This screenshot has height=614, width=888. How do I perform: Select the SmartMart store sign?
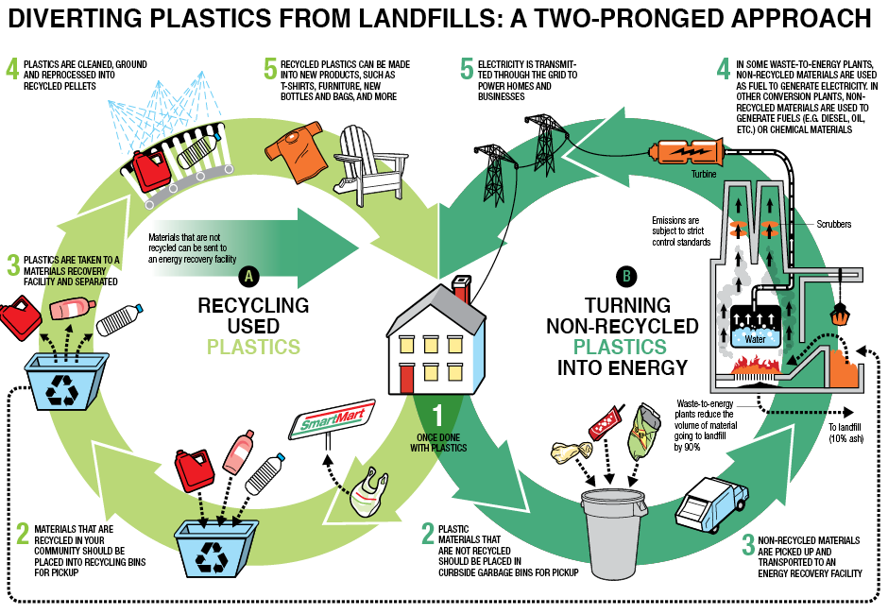pyautogui.click(x=331, y=418)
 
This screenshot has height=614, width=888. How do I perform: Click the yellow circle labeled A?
pyautogui.click(x=248, y=276)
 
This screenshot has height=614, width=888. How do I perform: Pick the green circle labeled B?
pyautogui.click(x=625, y=276)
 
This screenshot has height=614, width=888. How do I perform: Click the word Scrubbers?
pyautogui.click(x=833, y=225)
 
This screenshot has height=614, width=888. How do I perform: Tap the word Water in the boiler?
pyautogui.click(x=756, y=337)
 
